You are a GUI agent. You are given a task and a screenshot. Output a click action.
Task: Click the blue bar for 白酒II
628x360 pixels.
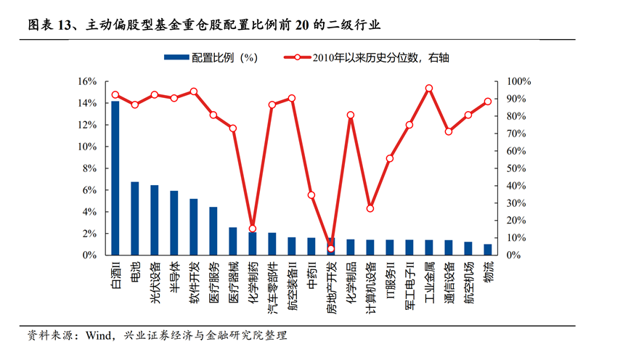click(115, 178)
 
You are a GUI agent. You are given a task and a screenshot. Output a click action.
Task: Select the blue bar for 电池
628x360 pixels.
click(134, 218)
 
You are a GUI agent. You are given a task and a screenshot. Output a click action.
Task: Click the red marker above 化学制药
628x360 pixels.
click(253, 229)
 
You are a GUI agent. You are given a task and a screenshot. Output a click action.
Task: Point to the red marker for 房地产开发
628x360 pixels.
click(331, 249)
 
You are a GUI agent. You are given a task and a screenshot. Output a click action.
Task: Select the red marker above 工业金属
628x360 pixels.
click(429, 89)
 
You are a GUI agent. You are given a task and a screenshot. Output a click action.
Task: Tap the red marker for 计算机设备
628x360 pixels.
click(370, 208)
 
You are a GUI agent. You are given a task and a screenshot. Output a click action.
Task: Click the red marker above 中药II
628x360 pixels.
click(311, 195)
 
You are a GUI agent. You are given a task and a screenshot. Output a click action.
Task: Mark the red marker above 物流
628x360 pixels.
click(488, 102)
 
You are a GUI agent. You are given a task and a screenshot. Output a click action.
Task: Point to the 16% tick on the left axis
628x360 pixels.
click(87, 81)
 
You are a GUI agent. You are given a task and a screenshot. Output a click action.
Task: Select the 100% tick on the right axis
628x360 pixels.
click(518, 81)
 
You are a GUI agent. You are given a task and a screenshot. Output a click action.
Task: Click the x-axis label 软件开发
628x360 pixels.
click(193, 278)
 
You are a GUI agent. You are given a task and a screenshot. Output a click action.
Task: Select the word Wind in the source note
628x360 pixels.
click(99, 335)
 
